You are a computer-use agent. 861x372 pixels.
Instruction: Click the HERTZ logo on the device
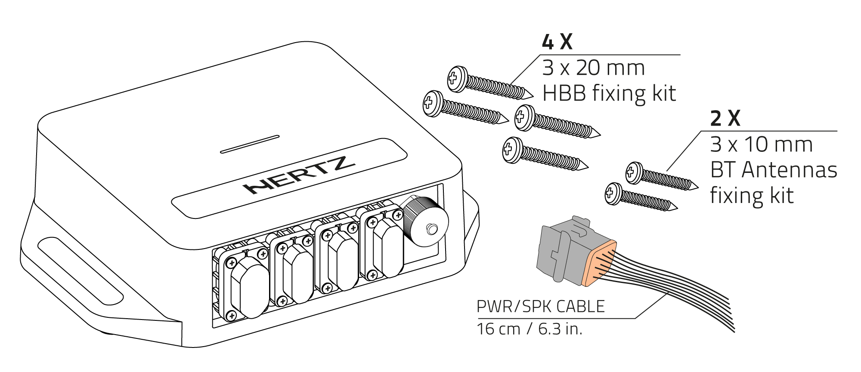pyautogui.click(x=299, y=174)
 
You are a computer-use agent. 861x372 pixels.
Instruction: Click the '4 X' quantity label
pyautogui.click(x=557, y=42)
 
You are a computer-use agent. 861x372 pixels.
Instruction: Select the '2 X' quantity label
pyautogui.click(x=725, y=118)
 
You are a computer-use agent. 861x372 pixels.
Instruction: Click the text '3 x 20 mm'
pyautogui.click(x=593, y=68)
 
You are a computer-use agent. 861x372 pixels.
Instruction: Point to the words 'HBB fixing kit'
pyautogui.click(x=609, y=93)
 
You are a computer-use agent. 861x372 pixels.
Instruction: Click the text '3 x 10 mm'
pyautogui.click(x=761, y=144)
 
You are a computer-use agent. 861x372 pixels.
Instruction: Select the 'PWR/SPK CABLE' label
pyautogui.click(x=540, y=307)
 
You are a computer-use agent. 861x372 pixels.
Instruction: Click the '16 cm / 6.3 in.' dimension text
pyautogui.click(x=529, y=329)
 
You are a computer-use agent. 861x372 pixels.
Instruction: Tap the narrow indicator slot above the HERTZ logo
pyautogui.click(x=250, y=144)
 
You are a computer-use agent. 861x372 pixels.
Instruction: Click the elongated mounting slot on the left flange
pyautogui.click(x=81, y=271)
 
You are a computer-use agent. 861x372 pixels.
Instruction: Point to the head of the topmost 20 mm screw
pyautogui.click(x=457, y=79)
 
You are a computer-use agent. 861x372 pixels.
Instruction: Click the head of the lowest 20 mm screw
pyautogui.click(x=512, y=150)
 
